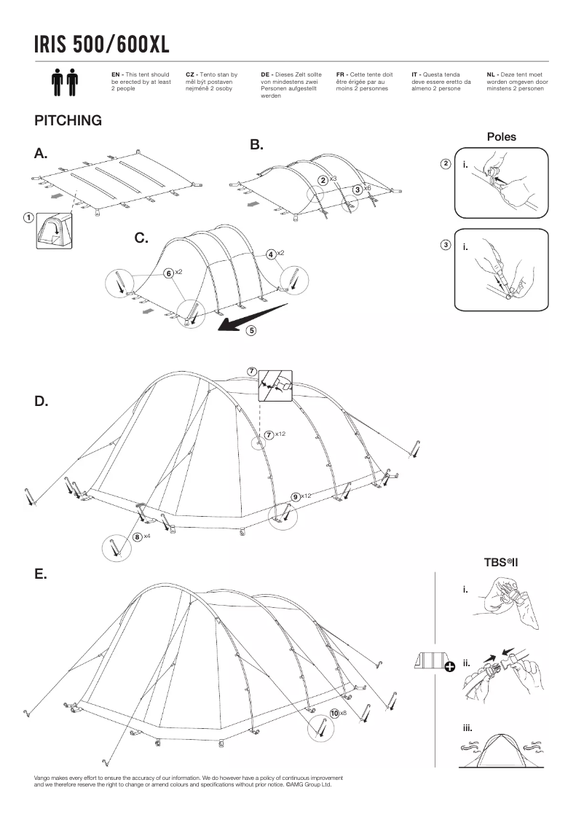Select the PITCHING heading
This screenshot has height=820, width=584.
[68, 120]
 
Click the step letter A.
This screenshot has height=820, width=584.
[41, 154]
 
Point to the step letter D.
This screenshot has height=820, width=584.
[41, 402]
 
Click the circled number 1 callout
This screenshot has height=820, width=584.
[27, 217]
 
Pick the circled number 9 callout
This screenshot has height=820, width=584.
[295, 496]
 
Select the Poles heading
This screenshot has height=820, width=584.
[501, 136]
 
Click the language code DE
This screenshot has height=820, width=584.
[265, 74]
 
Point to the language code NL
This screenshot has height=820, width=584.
[492, 74]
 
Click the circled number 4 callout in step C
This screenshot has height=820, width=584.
[270, 254]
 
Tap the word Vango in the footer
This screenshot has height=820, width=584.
[42, 778]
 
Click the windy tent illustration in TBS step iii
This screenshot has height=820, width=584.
[501, 749]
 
